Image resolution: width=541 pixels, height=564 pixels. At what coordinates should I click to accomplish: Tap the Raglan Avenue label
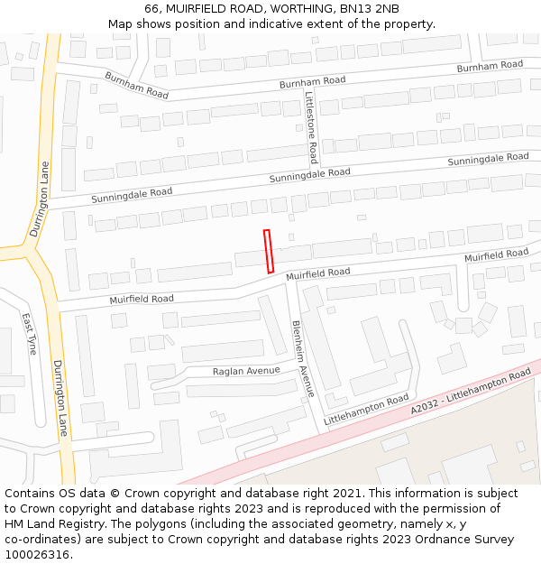246,371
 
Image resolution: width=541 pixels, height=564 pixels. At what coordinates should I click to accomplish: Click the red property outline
269,251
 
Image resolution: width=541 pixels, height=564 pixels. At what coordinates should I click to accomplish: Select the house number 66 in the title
151,8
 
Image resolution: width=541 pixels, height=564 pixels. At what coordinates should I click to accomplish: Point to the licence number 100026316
38,555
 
